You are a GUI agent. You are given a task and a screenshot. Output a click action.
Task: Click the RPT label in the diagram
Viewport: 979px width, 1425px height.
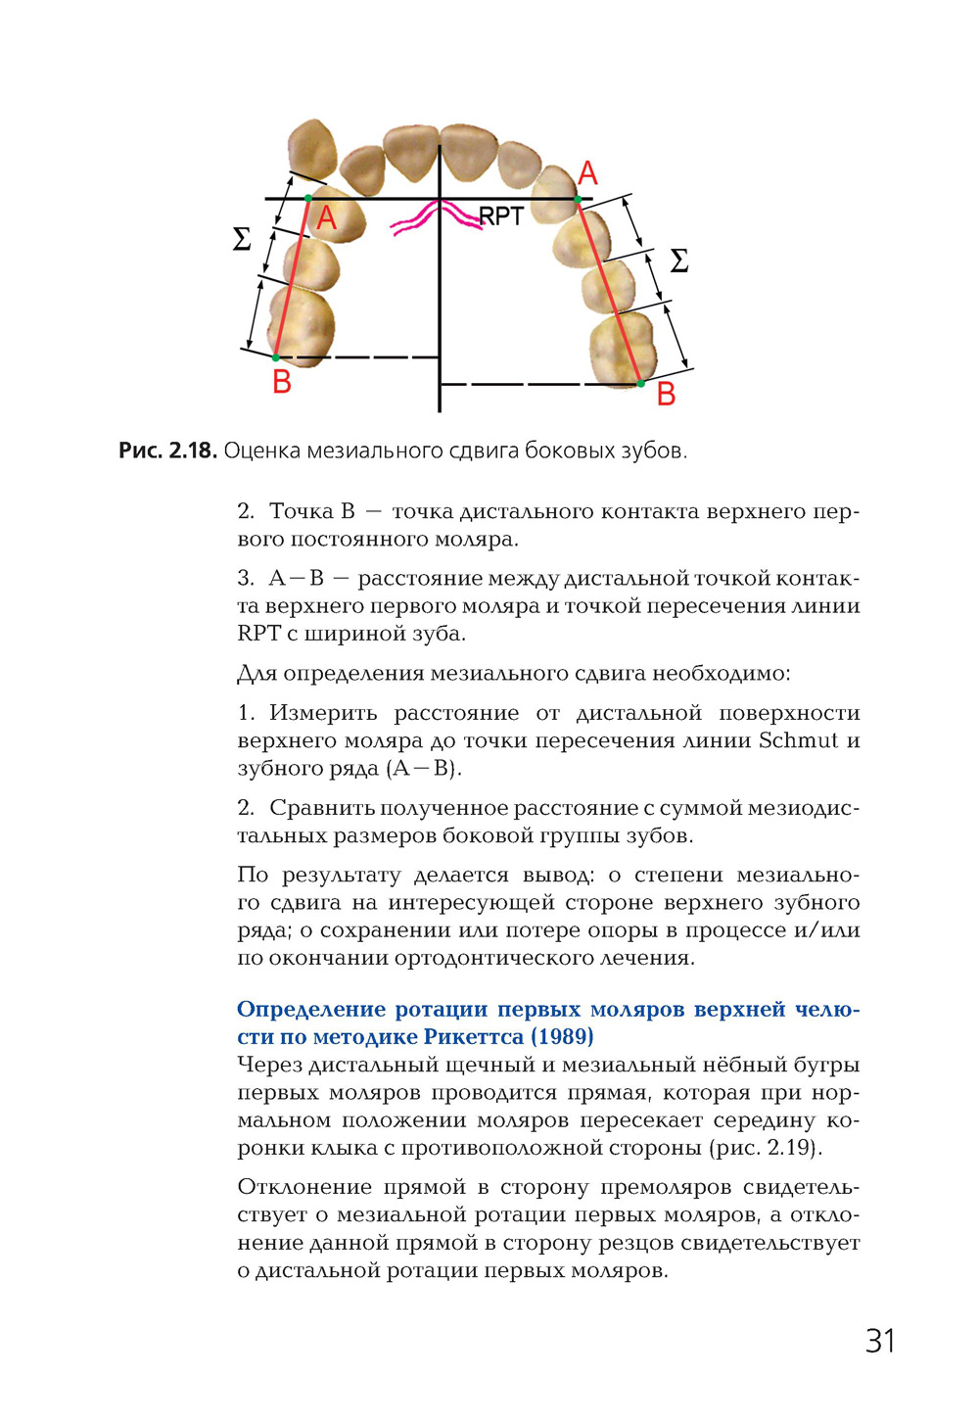pyautogui.click(x=501, y=216)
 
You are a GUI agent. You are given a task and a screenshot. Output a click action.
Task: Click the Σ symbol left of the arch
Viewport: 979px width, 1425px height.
pyautogui.click(x=242, y=239)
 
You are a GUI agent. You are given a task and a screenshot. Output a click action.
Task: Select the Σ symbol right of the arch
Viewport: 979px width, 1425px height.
pyautogui.click(x=678, y=261)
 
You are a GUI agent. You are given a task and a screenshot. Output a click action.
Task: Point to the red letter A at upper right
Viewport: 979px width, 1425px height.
pyautogui.click(x=587, y=174)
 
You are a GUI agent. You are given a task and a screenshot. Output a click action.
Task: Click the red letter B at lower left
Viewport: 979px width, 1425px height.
pyautogui.click(x=282, y=382)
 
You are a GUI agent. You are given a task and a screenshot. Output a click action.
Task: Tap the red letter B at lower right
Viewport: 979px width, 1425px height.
pyautogui.click(x=666, y=395)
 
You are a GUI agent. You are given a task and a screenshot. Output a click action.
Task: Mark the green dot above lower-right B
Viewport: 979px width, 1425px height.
pyautogui.click(x=641, y=383)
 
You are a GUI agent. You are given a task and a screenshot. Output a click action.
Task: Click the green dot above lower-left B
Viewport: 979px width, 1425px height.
pyautogui.click(x=276, y=357)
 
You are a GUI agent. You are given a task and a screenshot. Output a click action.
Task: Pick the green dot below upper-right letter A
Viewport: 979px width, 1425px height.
pyautogui.click(x=578, y=200)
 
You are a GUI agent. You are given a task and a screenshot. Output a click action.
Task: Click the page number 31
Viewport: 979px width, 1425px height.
pyautogui.click(x=880, y=1341)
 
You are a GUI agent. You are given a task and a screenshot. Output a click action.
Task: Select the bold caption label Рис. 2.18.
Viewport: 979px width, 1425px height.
pyautogui.click(x=167, y=451)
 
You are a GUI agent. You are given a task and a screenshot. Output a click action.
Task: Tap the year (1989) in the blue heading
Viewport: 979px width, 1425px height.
pyautogui.click(x=562, y=1036)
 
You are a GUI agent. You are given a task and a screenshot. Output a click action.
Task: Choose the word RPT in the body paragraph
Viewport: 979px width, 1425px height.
pyautogui.click(x=258, y=634)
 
